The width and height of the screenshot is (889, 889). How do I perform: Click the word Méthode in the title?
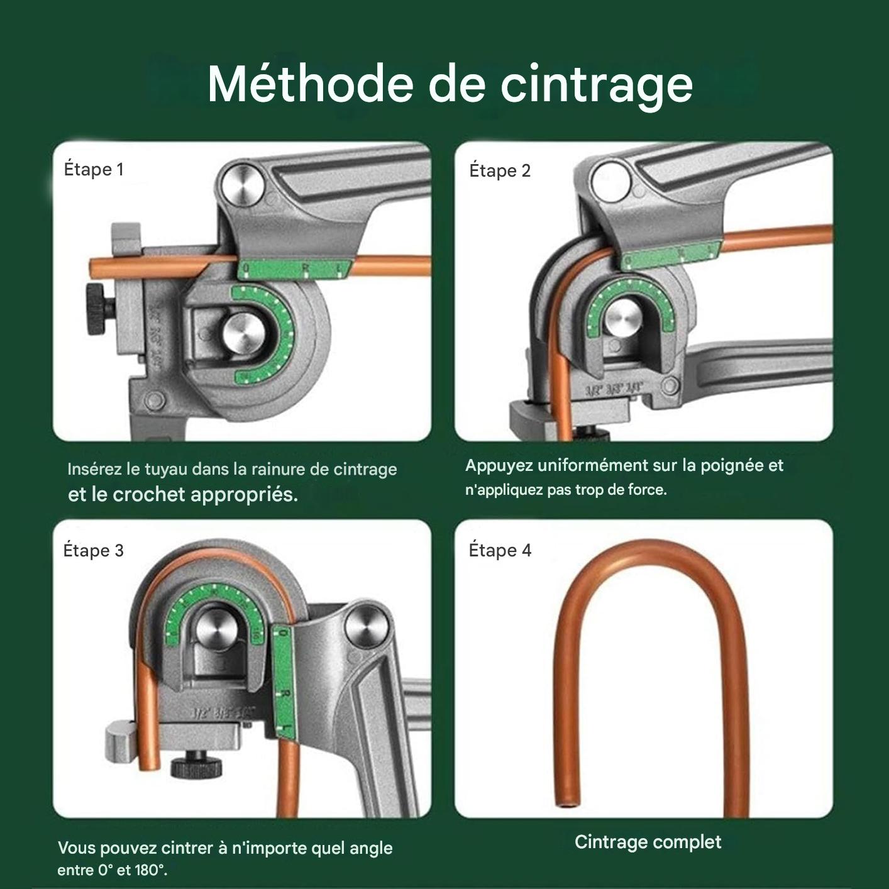(x=309, y=84)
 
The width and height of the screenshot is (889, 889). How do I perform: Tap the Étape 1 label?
(x=94, y=170)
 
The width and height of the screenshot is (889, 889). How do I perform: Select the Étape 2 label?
(x=500, y=170)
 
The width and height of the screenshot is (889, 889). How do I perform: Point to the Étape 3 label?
(x=94, y=550)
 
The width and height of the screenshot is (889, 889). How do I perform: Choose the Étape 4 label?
(x=500, y=550)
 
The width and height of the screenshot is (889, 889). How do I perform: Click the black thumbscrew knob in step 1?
(x=98, y=309)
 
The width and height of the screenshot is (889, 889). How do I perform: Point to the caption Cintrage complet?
(x=648, y=842)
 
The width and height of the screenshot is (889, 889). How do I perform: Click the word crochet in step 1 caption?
(x=149, y=495)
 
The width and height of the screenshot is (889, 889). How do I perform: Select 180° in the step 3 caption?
(x=150, y=871)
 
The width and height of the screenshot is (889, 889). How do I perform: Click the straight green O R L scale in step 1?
(x=295, y=269)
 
